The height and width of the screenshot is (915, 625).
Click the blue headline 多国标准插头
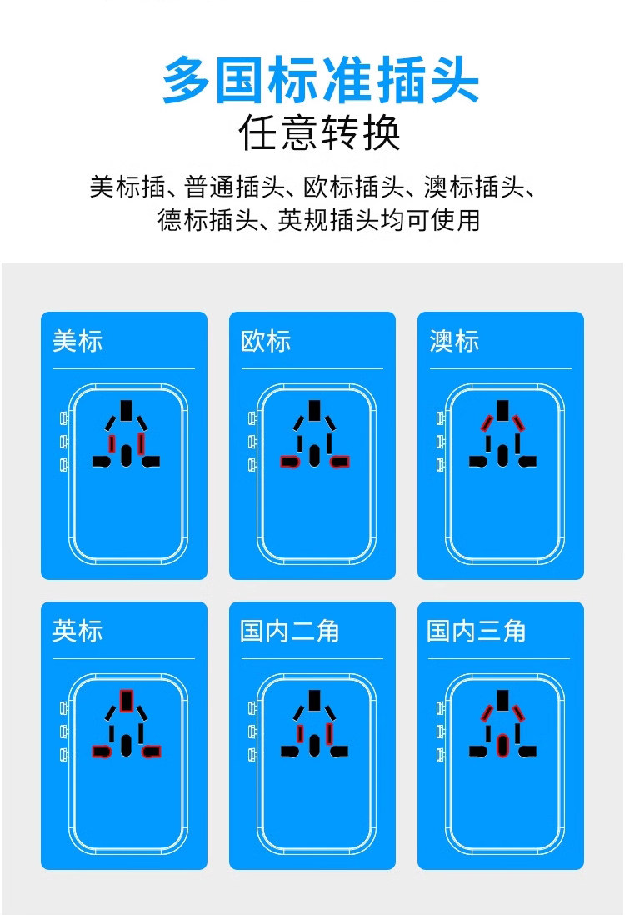click(320, 80)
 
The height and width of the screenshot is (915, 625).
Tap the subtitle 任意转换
click(320, 133)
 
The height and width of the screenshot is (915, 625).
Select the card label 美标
click(77, 341)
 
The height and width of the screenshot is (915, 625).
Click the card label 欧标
click(266, 341)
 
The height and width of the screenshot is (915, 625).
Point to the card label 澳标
click(454, 341)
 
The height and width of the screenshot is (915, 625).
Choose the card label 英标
click(77, 631)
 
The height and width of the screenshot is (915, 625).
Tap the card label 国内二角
click(289, 631)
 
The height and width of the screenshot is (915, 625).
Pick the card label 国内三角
click(477, 631)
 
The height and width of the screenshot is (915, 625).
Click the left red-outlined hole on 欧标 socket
click(290, 461)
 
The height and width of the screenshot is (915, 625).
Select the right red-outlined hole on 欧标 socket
click(340, 461)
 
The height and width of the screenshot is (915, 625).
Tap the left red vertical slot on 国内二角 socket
click(299, 732)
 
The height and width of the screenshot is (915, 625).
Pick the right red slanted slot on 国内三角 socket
click(520, 712)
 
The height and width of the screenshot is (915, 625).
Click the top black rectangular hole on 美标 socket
click(127, 410)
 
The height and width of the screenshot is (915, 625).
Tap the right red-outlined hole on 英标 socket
click(152, 751)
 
